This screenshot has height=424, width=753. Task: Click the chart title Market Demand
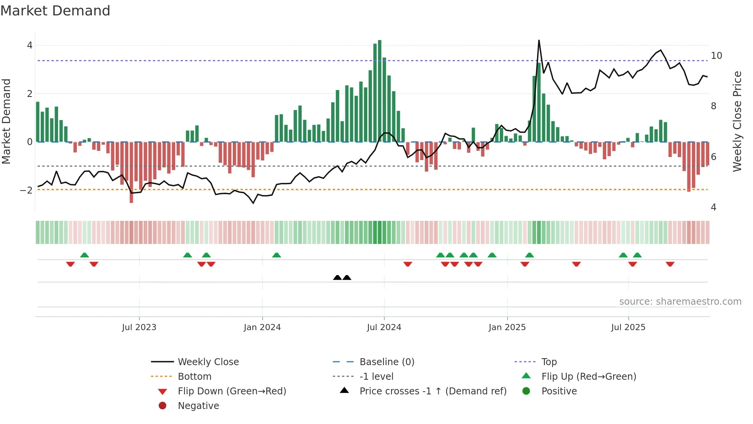coord(55,11)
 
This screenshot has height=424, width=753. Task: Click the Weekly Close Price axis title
coord(737,121)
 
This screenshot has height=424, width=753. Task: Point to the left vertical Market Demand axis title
coord(6,121)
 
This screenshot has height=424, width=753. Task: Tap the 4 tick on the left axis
coord(30,45)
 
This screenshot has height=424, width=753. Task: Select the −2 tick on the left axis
coord(26,190)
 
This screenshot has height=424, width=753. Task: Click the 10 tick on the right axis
coord(716,56)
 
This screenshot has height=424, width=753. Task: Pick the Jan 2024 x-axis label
coord(262,327)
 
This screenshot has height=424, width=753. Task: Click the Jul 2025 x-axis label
coord(628,327)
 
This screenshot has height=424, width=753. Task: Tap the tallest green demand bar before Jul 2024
coord(380,90)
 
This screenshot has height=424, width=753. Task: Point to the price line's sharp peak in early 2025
coord(539,41)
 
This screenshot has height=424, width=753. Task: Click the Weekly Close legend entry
coord(208,362)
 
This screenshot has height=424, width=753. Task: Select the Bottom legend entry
coord(194,377)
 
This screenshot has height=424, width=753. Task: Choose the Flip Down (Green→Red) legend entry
coord(232,391)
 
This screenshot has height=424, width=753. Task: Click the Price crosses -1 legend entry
coord(433,391)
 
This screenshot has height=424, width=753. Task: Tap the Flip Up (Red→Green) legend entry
coord(588,377)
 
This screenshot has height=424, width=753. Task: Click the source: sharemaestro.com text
coord(680,302)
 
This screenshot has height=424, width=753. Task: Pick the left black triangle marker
coord(337,277)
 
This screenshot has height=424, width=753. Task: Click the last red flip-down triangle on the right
coord(670,264)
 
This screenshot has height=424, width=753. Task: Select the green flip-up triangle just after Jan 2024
coord(276,255)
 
